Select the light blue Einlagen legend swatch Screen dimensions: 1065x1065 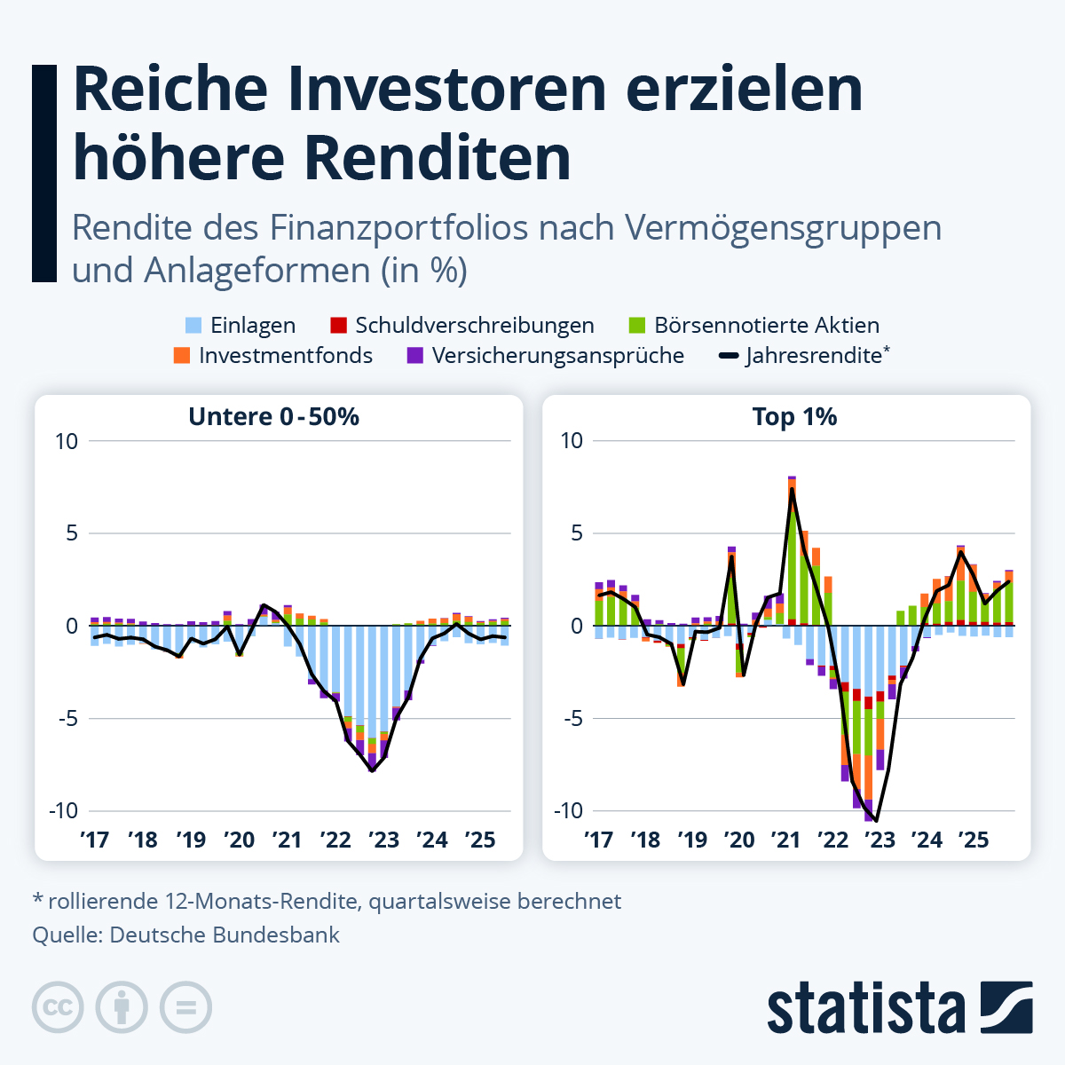point(193,326)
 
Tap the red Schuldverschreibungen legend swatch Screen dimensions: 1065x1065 point(338,326)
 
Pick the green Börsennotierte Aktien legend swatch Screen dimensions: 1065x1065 point(637,326)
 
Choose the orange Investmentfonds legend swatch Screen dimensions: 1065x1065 point(182,356)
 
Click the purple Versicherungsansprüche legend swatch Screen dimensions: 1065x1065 point(414,356)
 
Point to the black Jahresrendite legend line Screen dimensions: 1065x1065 point(729,356)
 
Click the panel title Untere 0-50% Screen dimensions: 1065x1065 point(273,417)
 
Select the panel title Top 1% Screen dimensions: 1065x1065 point(794,417)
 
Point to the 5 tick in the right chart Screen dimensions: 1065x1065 point(577,533)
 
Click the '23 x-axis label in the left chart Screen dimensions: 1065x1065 point(383,840)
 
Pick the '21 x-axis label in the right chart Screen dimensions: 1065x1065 point(786,840)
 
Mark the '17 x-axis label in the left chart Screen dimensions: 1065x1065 point(94,840)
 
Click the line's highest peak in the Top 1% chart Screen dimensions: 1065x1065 point(792,489)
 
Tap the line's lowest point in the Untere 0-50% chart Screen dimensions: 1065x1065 point(373,770)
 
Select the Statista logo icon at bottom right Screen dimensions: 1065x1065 point(1006,1007)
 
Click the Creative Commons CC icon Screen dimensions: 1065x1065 point(58,1007)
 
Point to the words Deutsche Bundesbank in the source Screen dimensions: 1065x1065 point(225,935)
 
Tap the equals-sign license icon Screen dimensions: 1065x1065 point(185,1007)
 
